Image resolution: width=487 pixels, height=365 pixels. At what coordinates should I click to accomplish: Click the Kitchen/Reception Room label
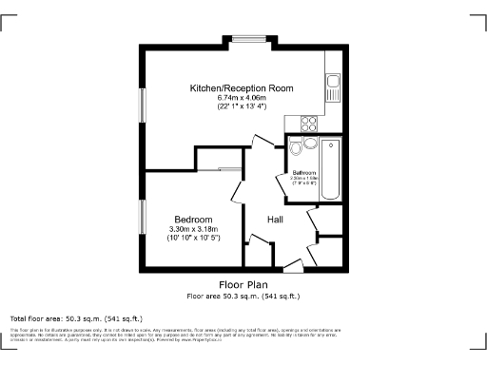pyautogui.click(x=241, y=87)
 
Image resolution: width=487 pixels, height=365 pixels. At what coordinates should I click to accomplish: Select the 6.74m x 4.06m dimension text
pyautogui.click(x=241, y=97)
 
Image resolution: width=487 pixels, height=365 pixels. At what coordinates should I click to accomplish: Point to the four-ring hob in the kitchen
pyautogui.click(x=310, y=122)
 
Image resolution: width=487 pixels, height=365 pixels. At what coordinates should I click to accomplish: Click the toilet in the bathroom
pyautogui.click(x=296, y=147)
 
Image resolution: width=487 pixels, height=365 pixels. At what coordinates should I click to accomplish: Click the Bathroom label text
pyautogui.click(x=303, y=172)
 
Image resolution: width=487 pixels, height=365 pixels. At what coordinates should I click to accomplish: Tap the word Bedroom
pyautogui.click(x=192, y=220)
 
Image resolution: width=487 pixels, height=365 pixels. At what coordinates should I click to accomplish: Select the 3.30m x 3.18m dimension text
pyautogui.click(x=193, y=229)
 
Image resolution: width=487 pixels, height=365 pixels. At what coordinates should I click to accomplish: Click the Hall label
pyautogui.click(x=275, y=220)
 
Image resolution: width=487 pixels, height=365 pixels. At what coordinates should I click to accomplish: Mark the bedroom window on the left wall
pyautogui.click(x=144, y=220)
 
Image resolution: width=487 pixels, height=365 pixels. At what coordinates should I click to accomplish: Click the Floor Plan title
pyautogui.click(x=243, y=284)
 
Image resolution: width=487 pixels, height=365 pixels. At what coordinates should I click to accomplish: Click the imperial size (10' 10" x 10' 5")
pyautogui.click(x=193, y=238)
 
